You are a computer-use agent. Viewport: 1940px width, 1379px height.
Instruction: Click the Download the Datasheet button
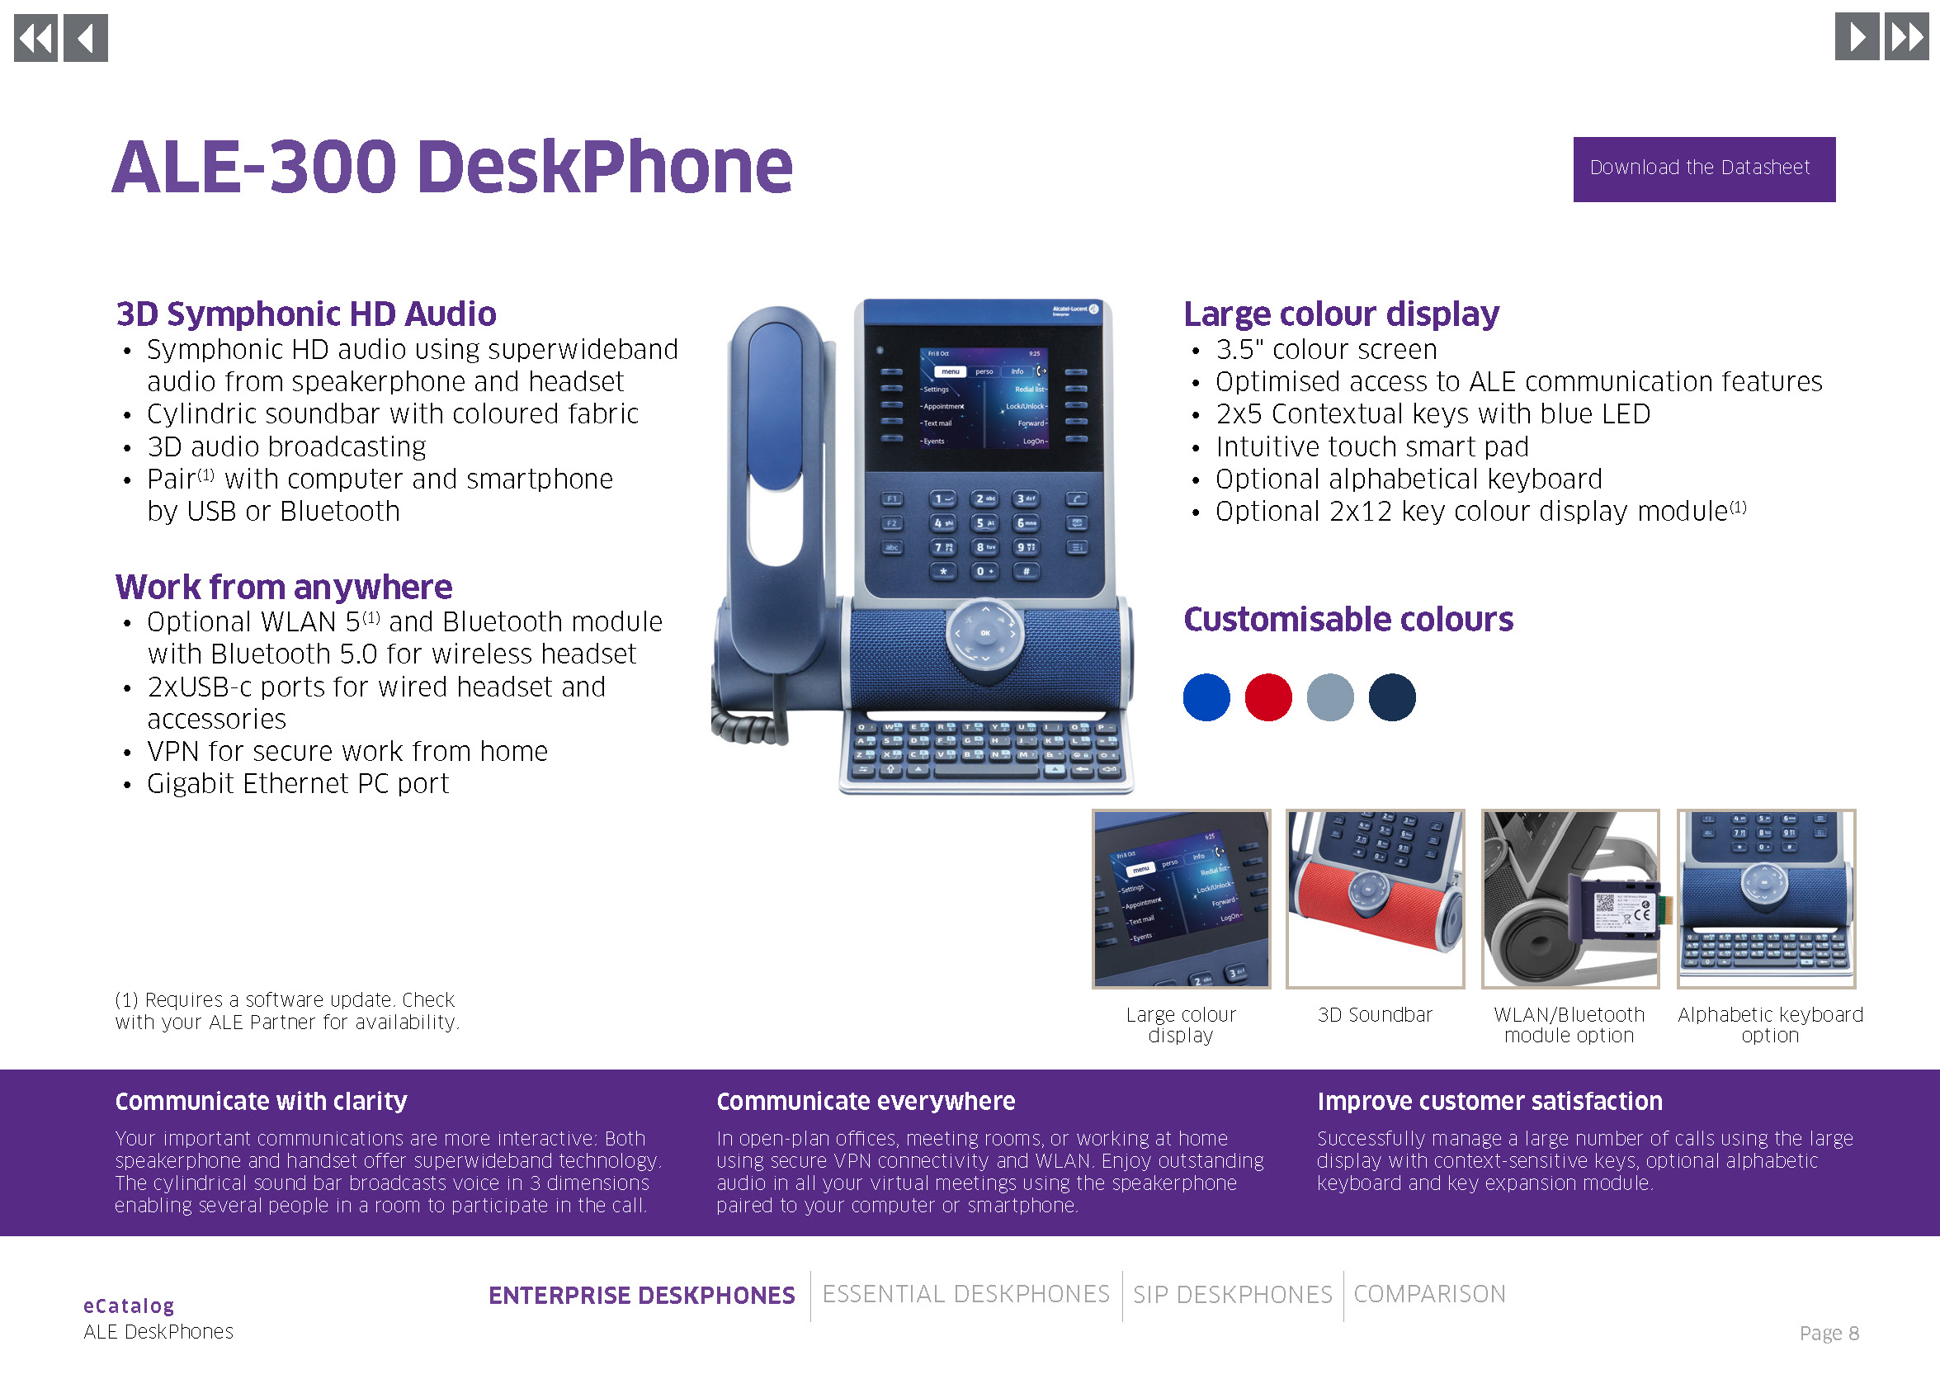(x=1703, y=169)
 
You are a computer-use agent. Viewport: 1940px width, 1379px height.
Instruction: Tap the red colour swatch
(x=1267, y=697)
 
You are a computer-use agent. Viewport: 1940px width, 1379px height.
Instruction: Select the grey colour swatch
(x=1329, y=697)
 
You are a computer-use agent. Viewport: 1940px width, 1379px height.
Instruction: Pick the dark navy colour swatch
(x=1391, y=697)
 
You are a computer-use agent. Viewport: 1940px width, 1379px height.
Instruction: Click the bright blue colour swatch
(x=1206, y=697)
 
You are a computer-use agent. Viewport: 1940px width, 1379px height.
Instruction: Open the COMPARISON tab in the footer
(x=1429, y=1293)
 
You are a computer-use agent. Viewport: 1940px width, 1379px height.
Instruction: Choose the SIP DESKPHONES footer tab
(x=1232, y=1294)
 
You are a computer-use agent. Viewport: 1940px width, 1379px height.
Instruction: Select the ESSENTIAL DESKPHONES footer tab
(x=965, y=1293)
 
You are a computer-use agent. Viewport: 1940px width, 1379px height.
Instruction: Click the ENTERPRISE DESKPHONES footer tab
(x=641, y=1295)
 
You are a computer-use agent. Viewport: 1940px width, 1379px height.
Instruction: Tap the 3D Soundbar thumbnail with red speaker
(x=1375, y=899)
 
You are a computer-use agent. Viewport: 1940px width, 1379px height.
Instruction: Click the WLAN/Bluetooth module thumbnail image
(x=1569, y=899)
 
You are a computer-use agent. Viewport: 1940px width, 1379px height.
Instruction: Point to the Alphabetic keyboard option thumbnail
(x=1766, y=899)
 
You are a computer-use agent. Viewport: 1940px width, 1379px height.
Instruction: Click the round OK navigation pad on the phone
(x=985, y=633)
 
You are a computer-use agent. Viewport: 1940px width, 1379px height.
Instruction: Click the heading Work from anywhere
(x=284, y=587)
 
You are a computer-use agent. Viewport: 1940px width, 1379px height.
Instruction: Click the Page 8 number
(x=1829, y=1332)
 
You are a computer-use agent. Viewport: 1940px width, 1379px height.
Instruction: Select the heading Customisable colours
(x=1348, y=620)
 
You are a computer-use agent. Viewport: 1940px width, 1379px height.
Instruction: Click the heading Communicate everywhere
(x=865, y=1101)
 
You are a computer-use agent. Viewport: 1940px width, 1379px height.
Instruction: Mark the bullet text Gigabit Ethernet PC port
(x=298, y=783)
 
